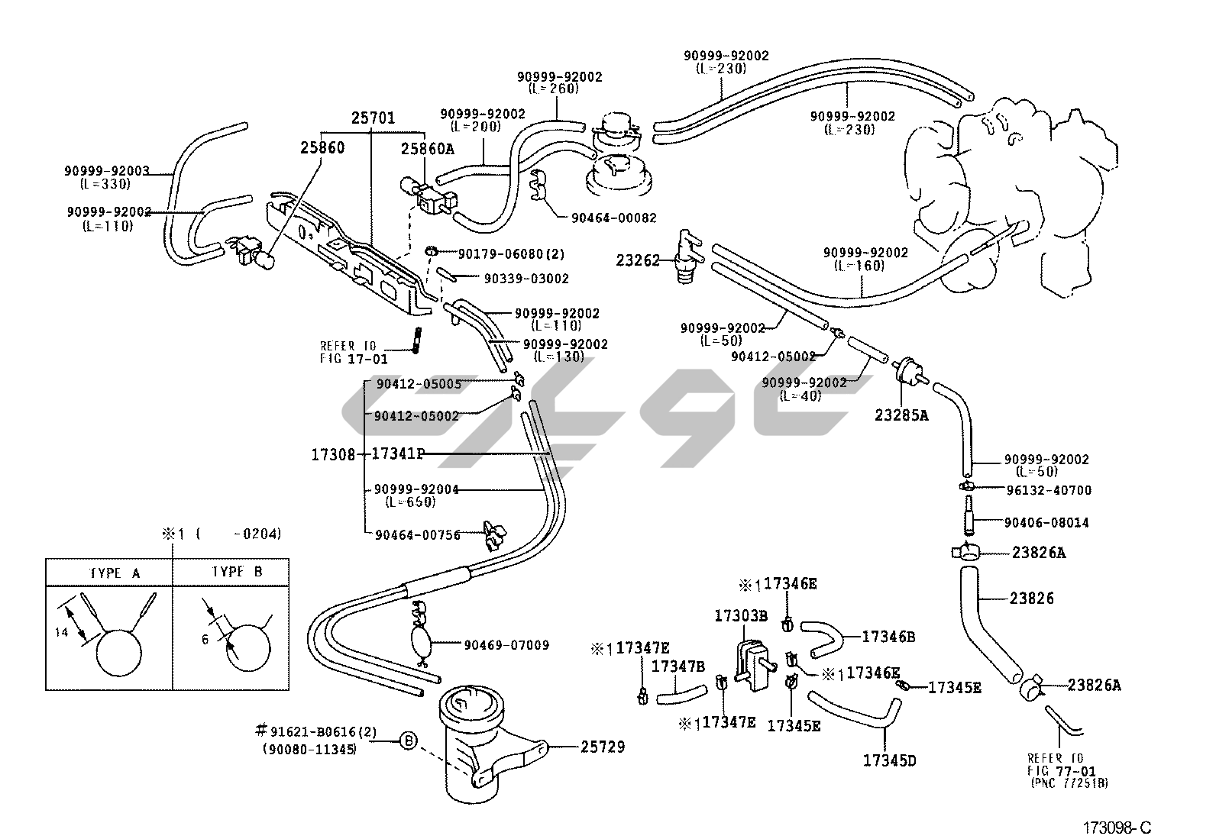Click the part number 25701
click(x=373, y=118)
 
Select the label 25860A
click(x=428, y=150)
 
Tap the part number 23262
click(x=638, y=260)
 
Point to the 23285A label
click(x=901, y=416)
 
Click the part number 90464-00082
click(x=613, y=218)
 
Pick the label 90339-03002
click(x=526, y=279)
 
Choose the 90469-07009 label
click(x=506, y=645)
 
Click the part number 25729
click(x=603, y=747)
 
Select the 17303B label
click(x=740, y=615)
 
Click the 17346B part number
click(x=888, y=636)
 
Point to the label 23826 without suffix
click(x=1031, y=599)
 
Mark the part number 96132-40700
click(x=1048, y=490)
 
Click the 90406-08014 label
click(x=1046, y=523)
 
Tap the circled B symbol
click(x=409, y=740)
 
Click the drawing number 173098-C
click(x=1116, y=828)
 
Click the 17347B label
click(x=678, y=666)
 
